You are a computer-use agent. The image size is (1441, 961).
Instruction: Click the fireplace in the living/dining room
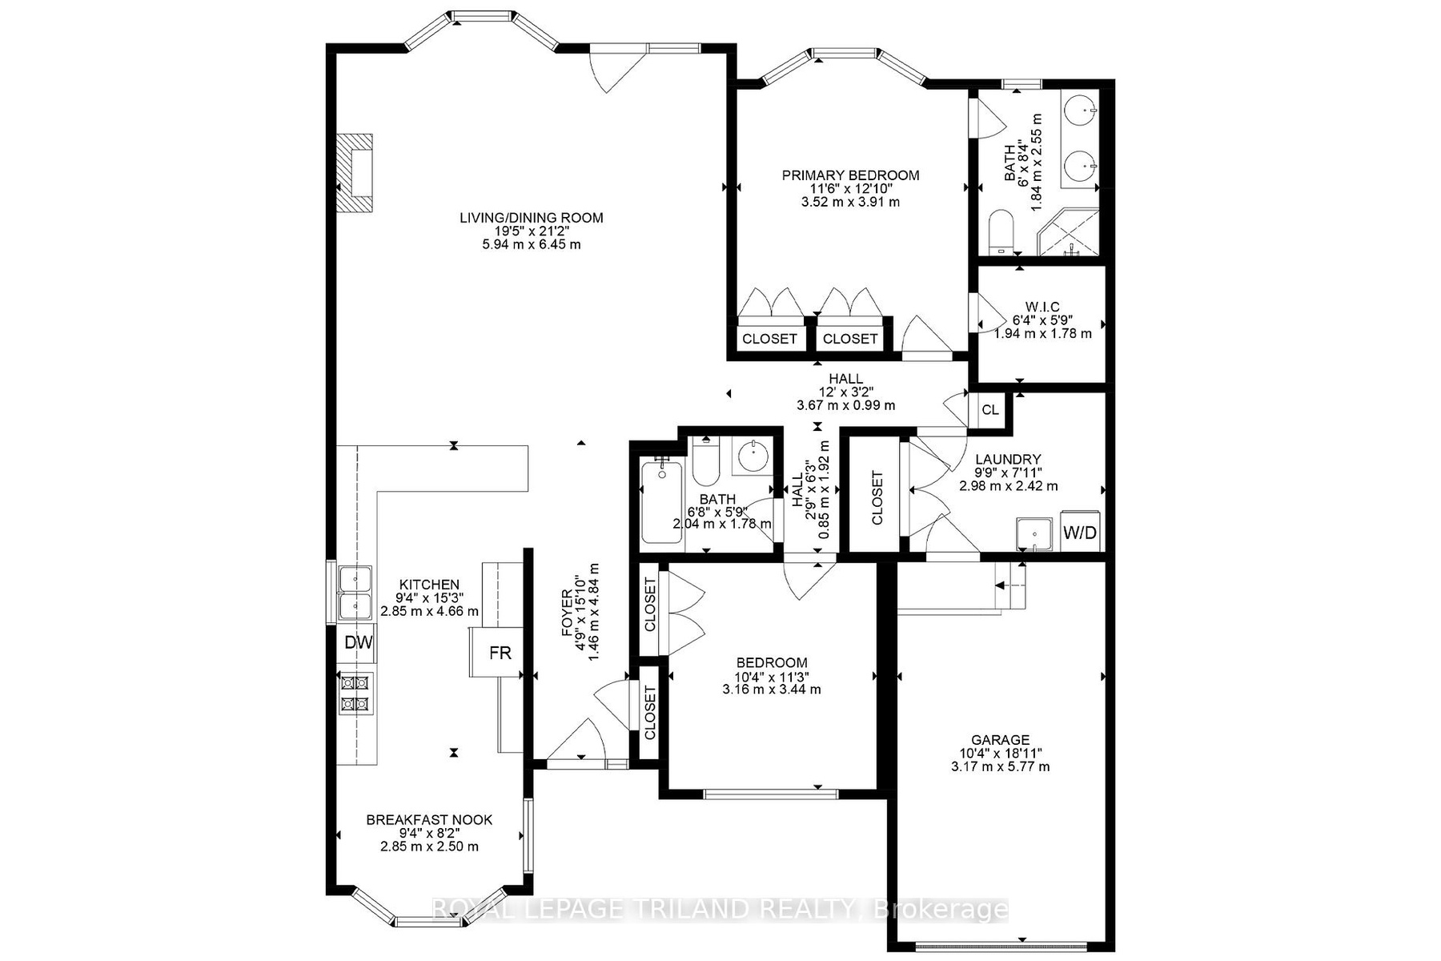pos(354,173)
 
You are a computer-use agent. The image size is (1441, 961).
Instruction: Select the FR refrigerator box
pos(500,652)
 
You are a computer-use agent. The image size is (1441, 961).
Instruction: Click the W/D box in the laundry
pos(1080,532)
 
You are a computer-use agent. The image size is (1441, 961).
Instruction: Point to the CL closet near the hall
pos(990,410)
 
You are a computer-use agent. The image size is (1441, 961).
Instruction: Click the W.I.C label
pos(1042,307)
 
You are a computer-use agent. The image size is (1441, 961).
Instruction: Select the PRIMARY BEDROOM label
pos(850,175)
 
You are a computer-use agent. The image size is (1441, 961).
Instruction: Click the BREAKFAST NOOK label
pos(429,820)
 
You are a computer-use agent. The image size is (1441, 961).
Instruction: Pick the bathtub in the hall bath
pos(662,504)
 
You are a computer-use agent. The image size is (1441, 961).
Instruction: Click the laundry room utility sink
pos(1036,533)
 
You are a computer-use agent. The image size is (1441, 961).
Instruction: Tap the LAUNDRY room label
pos(1008,460)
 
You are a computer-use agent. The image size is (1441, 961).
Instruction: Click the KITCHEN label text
pos(430,585)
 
